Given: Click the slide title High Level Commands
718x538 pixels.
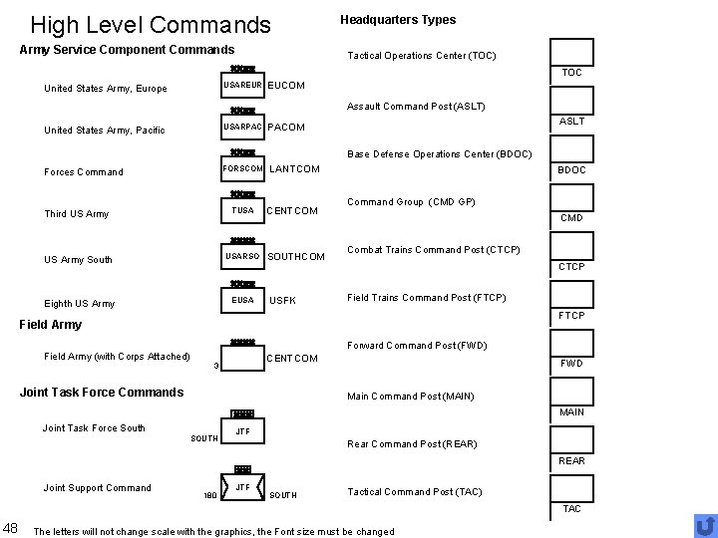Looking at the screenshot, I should pos(151,24).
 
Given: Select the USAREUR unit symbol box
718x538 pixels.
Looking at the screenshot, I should pos(242,87).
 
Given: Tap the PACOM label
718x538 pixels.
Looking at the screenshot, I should pos(287,128).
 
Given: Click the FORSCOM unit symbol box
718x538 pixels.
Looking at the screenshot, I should pos(242,168).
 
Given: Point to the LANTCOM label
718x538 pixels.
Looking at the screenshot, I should pos(295,169).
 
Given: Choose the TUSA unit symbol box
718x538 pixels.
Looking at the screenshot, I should pos(242,210).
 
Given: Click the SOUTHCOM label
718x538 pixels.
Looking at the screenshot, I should pos(297,257).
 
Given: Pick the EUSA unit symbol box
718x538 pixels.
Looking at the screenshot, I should pos(242,300).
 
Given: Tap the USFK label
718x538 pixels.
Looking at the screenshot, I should pos(284,301).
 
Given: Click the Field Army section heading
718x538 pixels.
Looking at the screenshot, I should pos(51,324).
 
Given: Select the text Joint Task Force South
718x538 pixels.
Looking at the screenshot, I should pos(94,428).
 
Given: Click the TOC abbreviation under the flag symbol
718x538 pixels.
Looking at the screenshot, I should pos(571,73).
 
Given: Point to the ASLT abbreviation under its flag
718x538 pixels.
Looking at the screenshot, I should pos(571,122).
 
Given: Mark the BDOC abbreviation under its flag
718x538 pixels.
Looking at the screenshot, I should pos(571,170).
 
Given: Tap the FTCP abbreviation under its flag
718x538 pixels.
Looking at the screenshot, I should pos(571,316).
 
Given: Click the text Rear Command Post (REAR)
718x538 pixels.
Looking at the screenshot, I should pos(411,444).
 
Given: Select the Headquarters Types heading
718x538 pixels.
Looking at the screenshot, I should pos(398,20).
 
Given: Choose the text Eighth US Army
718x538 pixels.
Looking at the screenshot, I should pos(80,304).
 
